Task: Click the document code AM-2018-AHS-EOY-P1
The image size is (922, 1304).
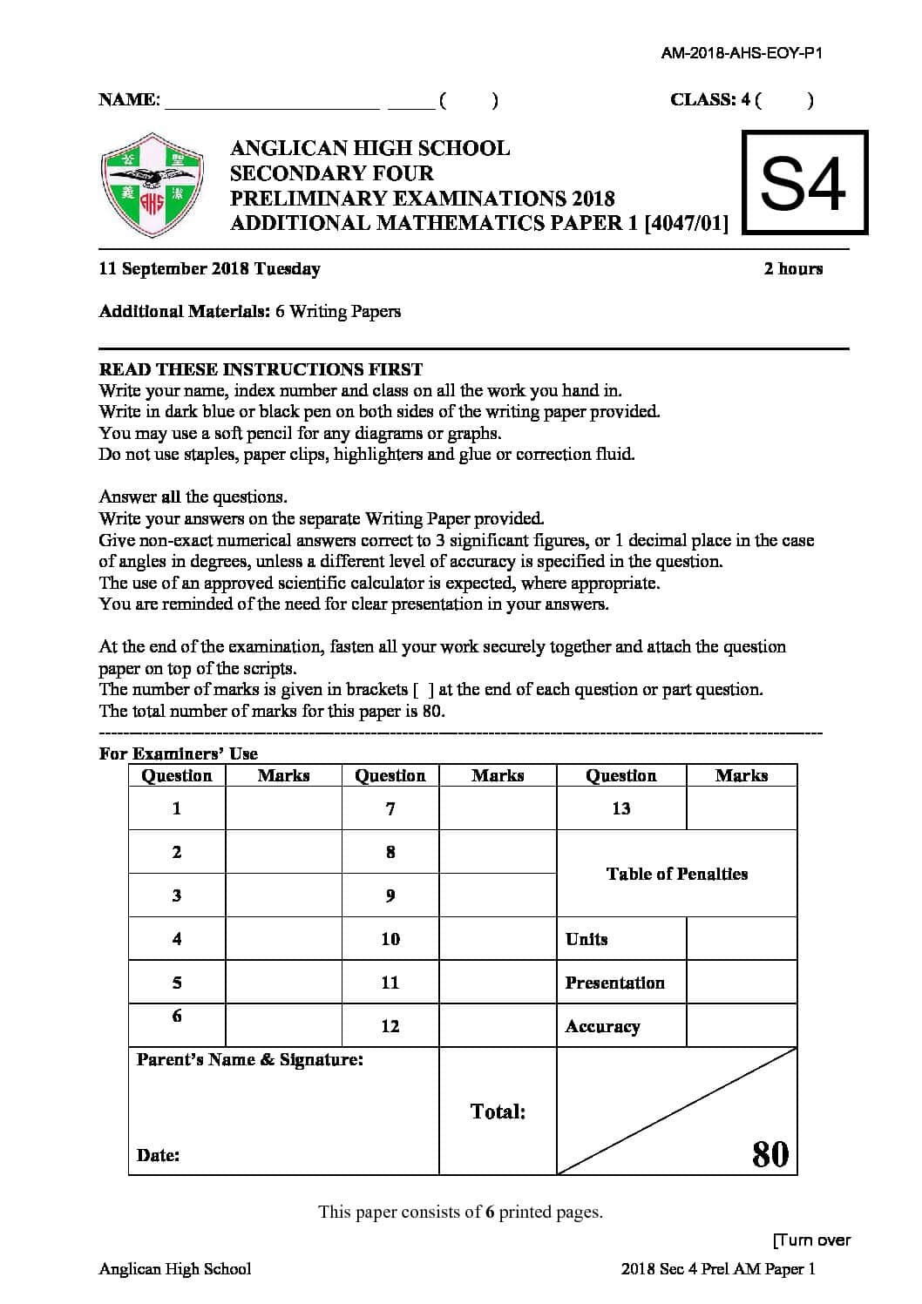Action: (x=741, y=53)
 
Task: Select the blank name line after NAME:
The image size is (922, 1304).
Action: (x=272, y=101)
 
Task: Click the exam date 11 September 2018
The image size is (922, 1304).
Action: (x=209, y=269)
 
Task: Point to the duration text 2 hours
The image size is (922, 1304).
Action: (x=792, y=269)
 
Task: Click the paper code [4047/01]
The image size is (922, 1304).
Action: (x=686, y=223)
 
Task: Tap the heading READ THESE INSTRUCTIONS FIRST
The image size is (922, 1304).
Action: (x=261, y=369)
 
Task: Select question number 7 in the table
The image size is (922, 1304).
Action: (x=390, y=809)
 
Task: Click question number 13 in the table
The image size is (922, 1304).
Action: (x=620, y=809)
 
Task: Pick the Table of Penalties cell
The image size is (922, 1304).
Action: (x=676, y=874)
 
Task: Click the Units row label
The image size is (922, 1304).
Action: (x=586, y=939)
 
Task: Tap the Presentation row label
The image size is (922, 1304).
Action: (x=614, y=983)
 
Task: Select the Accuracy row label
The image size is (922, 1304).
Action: (x=602, y=1026)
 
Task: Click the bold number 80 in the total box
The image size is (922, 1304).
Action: (x=769, y=1153)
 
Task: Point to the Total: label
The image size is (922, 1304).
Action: (x=498, y=1111)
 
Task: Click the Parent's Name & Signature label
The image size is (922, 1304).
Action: (x=250, y=1060)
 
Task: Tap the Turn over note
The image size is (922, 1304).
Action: (x=810, y=1240)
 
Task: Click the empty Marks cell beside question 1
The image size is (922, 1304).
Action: (x=283, y=809)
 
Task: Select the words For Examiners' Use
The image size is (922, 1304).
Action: (x=178, y=753)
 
